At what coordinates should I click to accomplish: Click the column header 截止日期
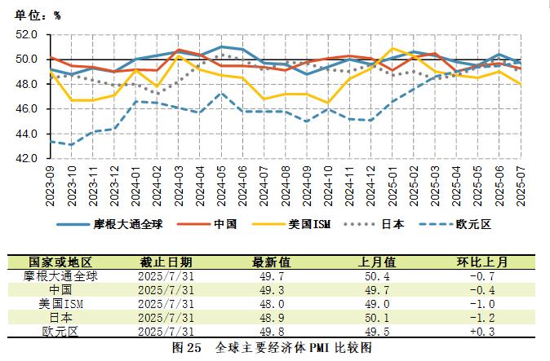coord(166,262)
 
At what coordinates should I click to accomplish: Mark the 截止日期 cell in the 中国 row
coord(166,289)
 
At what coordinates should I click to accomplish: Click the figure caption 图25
coord(187,347)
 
